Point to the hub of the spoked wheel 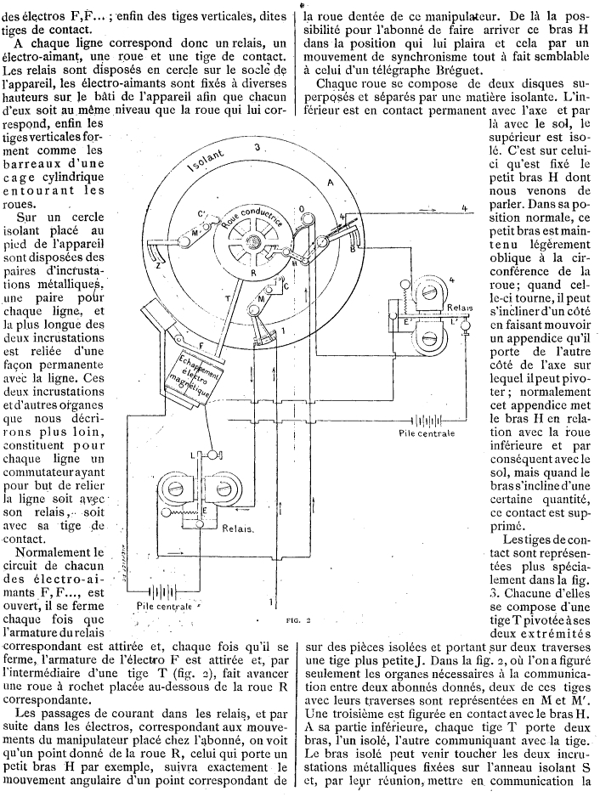point(253,241)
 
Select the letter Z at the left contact point(157,264)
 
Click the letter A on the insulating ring point(330,184)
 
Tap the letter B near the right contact point(352,250)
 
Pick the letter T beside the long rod point(227,299)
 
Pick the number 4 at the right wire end point(464,208)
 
